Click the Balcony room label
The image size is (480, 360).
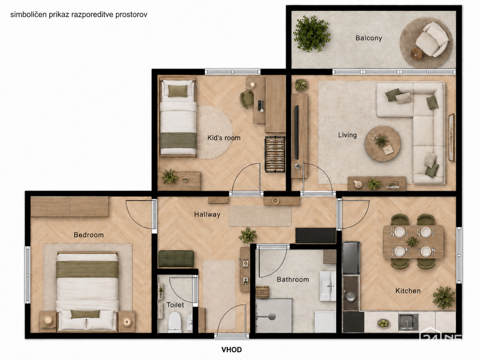pos(368,38)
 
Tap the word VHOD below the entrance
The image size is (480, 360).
pos(232,350)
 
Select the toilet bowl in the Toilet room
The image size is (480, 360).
pos(175,322)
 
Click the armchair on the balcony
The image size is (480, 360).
pos(431,39)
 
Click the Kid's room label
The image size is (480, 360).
pos(224,138)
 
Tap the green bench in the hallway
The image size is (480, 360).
pos(176,259)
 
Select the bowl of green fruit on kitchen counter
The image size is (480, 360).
pos(383,323)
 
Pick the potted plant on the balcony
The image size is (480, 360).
pos(312,34)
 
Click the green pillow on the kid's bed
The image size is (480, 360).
pos(178,91)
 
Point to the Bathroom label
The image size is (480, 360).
pos(293,279)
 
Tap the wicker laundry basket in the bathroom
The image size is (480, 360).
pos(262,292)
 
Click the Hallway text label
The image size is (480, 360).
pos(207,215)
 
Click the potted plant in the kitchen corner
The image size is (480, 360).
pos(443,297)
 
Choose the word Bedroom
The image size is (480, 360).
pos(89,235)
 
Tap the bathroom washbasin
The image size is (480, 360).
pos(328,286)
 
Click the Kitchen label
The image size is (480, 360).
pos(408,291)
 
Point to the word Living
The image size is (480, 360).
pos(347,135)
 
